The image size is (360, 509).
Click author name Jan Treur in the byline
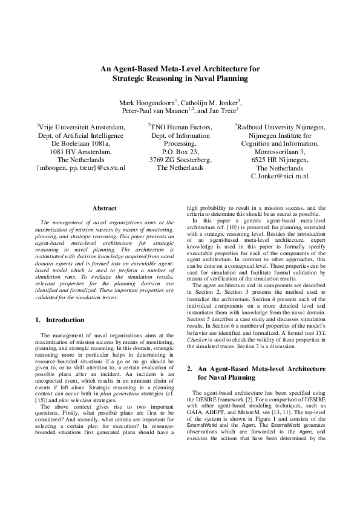coord(221,111)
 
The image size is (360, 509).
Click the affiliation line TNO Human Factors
coord(181,127)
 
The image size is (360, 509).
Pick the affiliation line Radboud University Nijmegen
coord(280,127)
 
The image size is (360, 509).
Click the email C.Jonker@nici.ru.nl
coord(280,176)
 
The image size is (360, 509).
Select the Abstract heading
coord(104,209)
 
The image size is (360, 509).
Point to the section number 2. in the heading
coord(189,368)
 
